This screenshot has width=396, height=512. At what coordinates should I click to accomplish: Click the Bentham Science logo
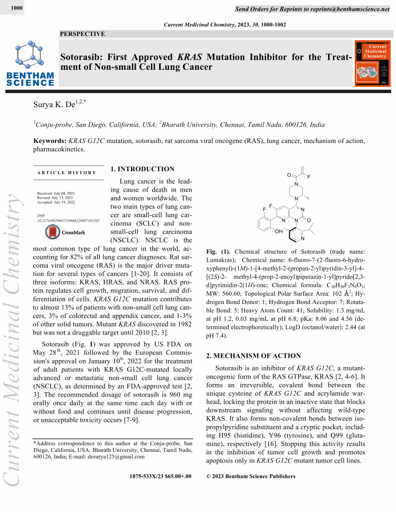[x=30, y=64]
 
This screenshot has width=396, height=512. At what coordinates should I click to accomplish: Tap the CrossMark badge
[x=65, y=232]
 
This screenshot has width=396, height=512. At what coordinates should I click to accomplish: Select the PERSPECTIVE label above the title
[x=82, y=34]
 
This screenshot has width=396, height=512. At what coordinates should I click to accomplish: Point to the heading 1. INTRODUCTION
[x=142, y=169]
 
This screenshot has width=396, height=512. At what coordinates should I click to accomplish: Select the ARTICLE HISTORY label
[x=66, y=173]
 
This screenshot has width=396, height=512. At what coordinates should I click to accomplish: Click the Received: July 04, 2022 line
[x=55, y=193]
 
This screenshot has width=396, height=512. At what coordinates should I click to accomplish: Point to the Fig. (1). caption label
[x=218, y=252]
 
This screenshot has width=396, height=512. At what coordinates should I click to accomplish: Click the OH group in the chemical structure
[x=279, y=231]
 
